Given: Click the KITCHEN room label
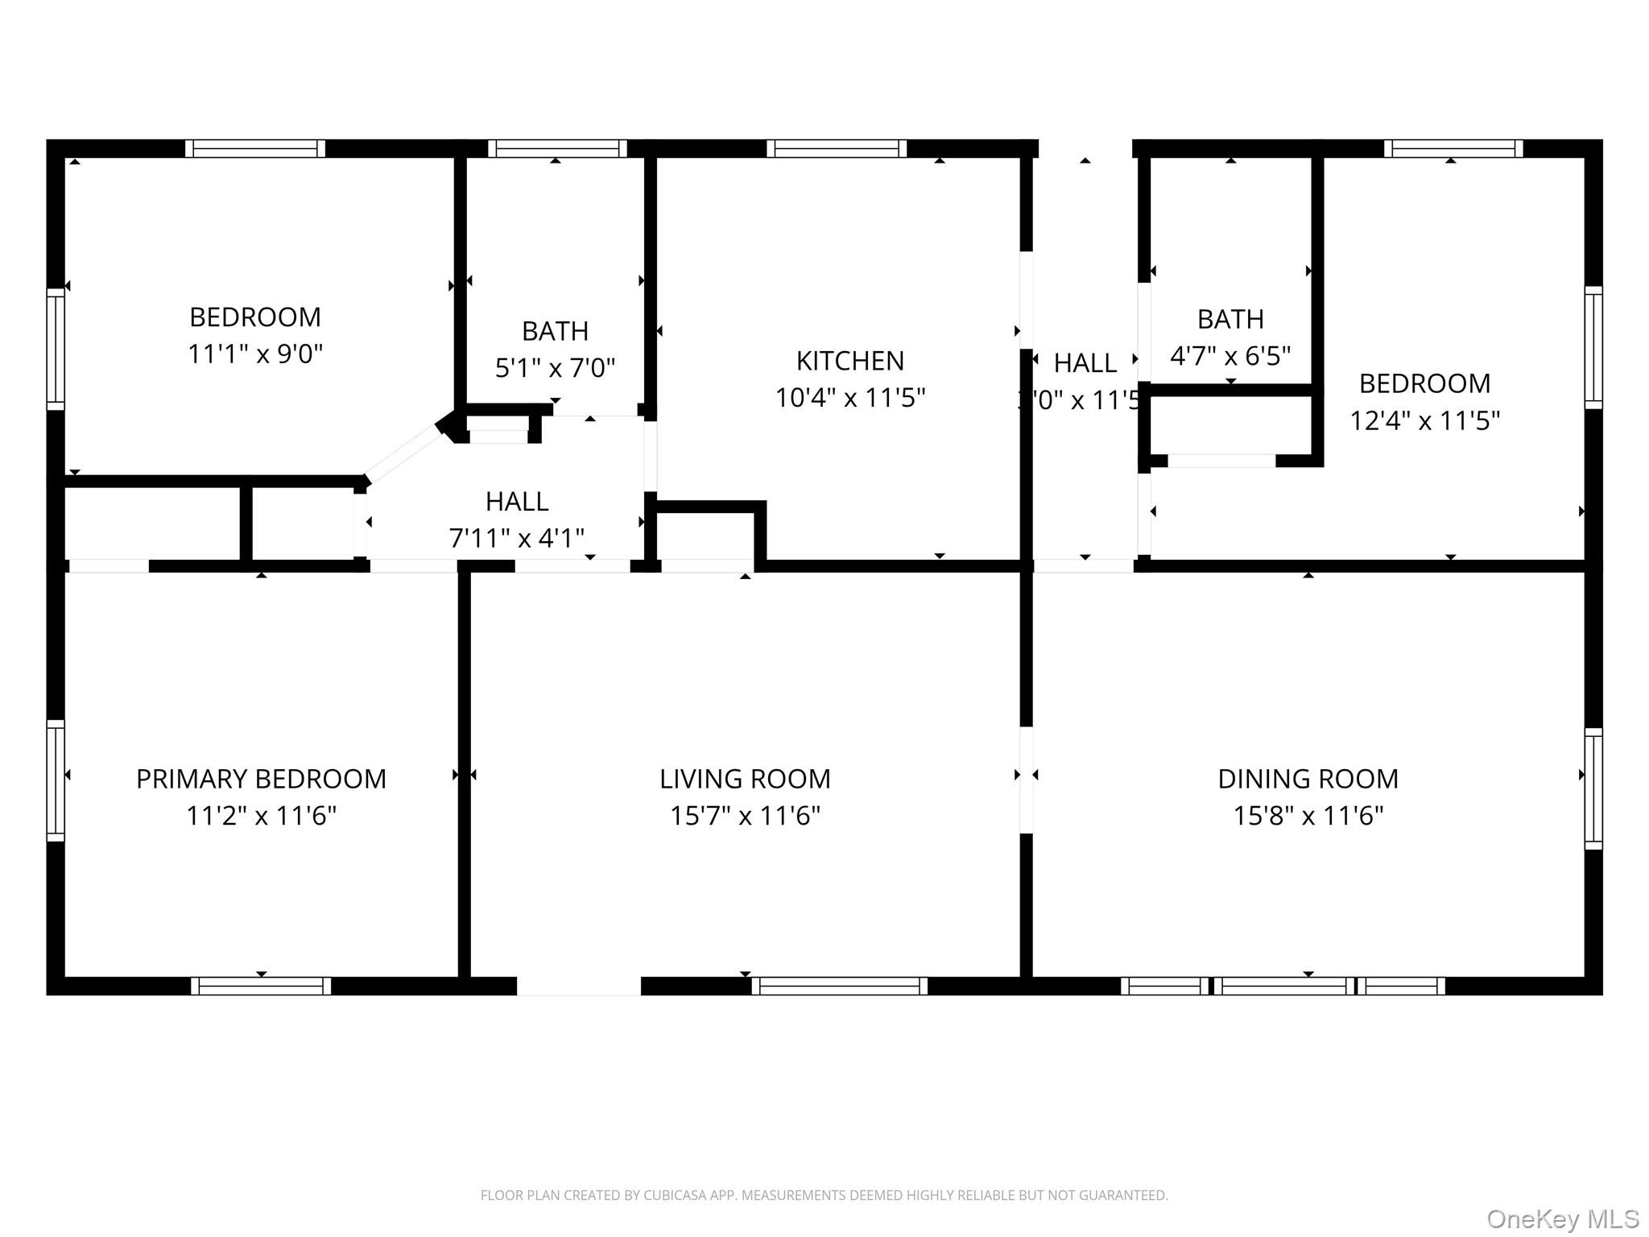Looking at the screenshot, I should [x=849, y=361].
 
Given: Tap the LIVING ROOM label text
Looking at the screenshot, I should [x=745, y=779].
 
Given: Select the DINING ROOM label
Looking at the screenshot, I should [x=1308, y=779].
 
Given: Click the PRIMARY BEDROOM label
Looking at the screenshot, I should [x=261, y=779].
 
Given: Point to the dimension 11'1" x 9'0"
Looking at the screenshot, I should [x=255, y=354].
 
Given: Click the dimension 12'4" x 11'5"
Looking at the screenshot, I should [x=1424, y=420].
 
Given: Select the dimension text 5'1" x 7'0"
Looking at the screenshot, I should [x=555, y=368].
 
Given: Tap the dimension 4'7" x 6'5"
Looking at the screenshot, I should [x=1230, y=355].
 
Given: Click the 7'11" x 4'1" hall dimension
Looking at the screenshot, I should [x=516, y=538].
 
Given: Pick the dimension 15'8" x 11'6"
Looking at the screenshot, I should [x=1308, y=816].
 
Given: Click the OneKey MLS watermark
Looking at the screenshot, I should [x=1562, y=1219].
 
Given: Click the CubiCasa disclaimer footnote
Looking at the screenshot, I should [x=824, y=1195].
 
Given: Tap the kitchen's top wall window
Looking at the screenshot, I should [x=837, y=149].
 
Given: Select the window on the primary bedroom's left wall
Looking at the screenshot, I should [x=56, y=780].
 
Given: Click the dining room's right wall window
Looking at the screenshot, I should [x=1593, y=788].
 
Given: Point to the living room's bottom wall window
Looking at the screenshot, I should [x=839, y=986].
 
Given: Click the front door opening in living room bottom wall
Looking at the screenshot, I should [x=578, y=986].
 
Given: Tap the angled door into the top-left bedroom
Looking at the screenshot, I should [x=403, y=455].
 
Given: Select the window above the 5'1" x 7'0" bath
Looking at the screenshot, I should [x=557, y=149].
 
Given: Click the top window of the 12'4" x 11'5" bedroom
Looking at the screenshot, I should [x=1453, y=149].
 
